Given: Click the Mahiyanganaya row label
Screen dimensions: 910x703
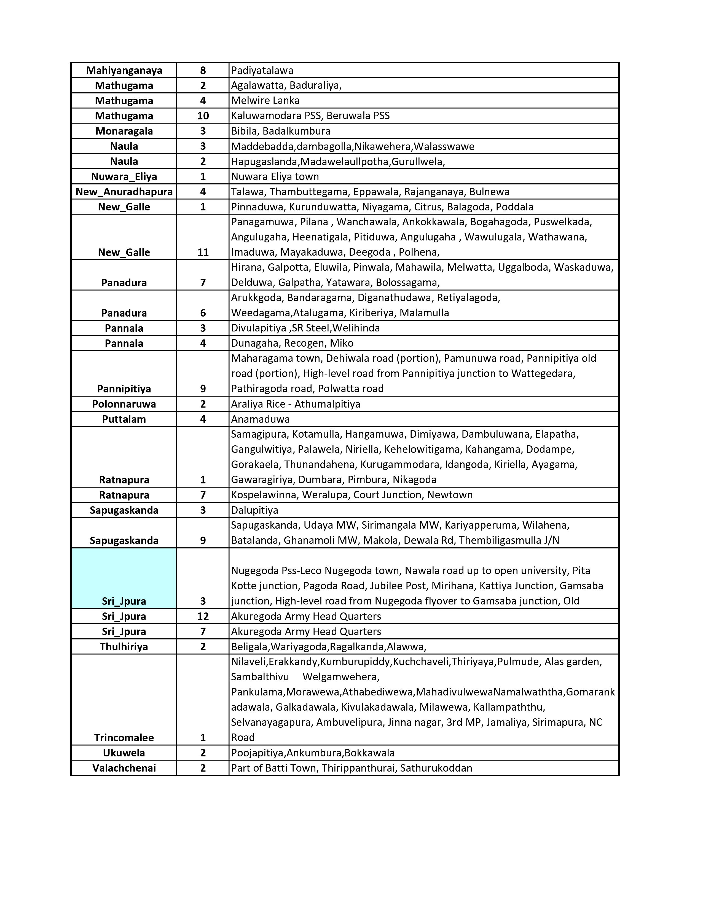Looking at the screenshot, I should click(124, 70).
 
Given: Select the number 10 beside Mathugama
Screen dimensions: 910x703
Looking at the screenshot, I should click(203, 116).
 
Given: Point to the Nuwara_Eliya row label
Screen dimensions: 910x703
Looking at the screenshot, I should click(124, 177).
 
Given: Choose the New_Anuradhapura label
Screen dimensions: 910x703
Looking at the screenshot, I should click(124, 192).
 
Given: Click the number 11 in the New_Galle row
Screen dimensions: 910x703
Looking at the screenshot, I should click(203, 253).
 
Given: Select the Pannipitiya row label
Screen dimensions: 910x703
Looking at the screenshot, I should click(124, 389).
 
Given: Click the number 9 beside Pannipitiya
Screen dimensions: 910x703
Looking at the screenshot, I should click(203, 389).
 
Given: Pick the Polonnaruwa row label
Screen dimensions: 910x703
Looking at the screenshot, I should click(124, 404).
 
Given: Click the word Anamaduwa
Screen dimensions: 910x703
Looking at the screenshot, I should click(260, 419).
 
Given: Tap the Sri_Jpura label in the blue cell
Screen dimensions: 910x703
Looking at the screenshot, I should click(124, 601).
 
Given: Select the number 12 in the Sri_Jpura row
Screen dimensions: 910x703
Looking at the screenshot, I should click(203, 616).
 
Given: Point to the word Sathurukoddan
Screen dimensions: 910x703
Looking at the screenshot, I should click(436, 768).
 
